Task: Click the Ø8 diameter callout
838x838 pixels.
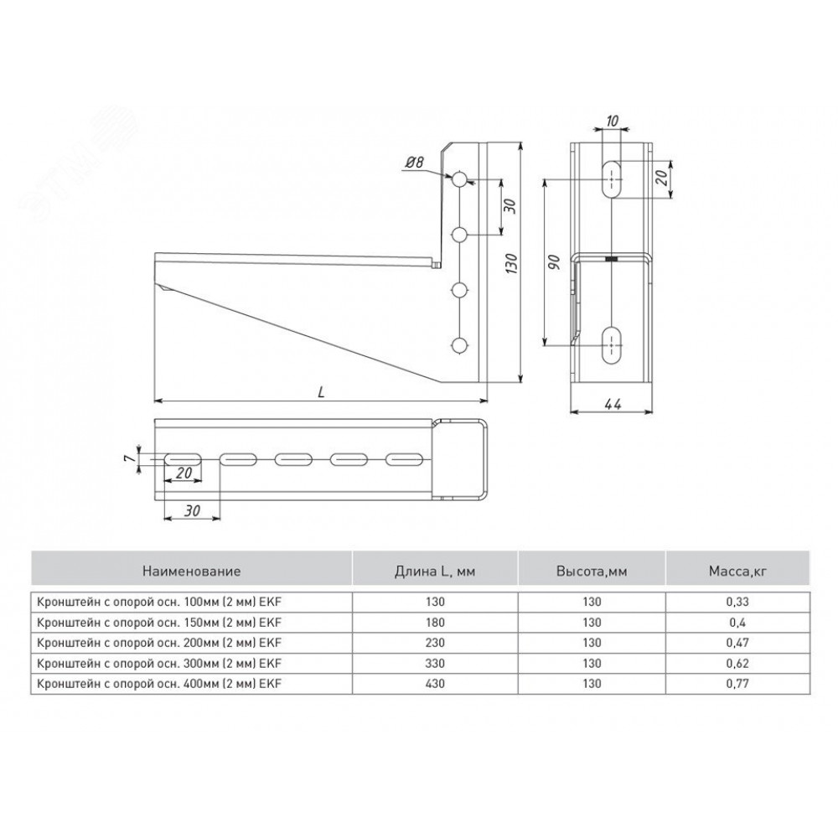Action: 414,162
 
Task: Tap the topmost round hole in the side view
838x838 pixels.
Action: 459,179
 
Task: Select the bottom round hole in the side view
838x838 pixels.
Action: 459,346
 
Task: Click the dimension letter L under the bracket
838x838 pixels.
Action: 321,392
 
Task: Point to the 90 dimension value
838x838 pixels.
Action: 554,261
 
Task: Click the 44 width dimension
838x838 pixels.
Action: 613,404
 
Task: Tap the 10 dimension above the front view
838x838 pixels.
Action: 613,122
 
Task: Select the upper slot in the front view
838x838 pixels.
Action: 612,179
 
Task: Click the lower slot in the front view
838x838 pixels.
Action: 612,344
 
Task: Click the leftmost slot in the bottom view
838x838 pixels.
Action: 183,459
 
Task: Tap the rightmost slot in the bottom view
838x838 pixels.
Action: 405,459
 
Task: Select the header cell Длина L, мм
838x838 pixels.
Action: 435,571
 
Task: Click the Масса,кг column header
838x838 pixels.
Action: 737,571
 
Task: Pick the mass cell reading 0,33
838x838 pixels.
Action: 737,602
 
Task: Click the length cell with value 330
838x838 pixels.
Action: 435,663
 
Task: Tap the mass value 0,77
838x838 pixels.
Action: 737,684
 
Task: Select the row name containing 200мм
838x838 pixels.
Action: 158,643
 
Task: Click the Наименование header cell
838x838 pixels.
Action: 191,571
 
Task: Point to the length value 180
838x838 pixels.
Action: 435,623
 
